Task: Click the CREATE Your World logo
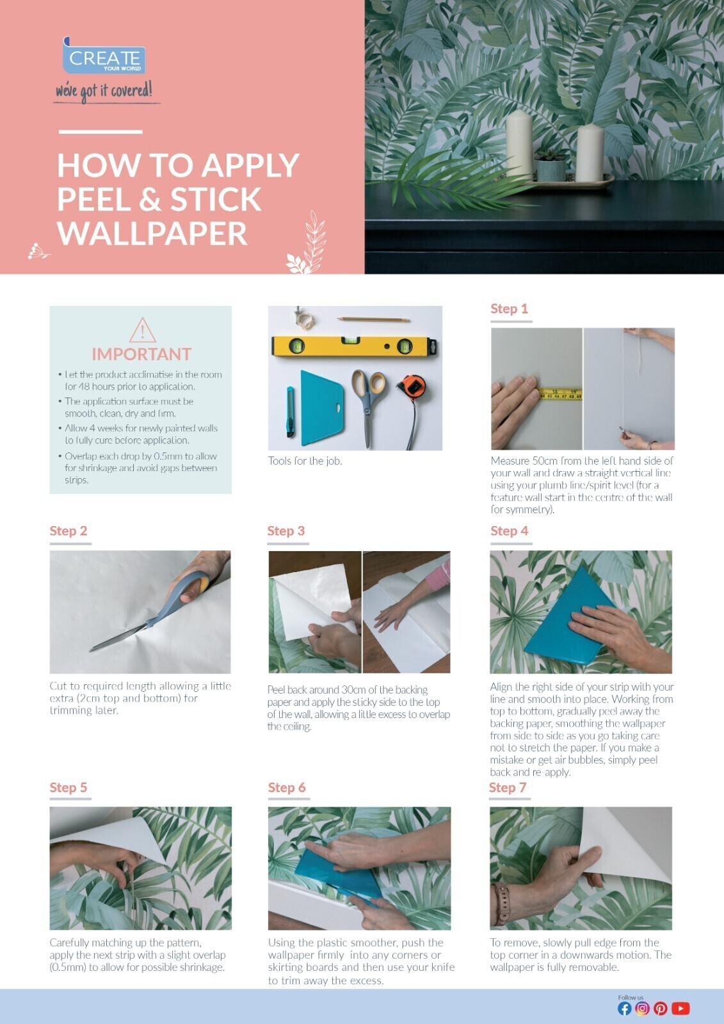(104, 58)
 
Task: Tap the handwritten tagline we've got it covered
(104, 91)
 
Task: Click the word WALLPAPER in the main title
(152, 233)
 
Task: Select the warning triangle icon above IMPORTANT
(141, 330)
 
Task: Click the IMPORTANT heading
(141, 354)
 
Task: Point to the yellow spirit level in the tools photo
(355, 346)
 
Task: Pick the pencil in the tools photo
(373, 318)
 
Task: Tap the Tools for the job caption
(305, 461)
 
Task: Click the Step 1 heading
(509, 308)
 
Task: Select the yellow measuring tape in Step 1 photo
(559, 394)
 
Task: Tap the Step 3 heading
(286, 531)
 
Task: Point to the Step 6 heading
(286, 787)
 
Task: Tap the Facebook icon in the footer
(624, 1009)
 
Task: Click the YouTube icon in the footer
(680, 1009)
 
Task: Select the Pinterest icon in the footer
(661, 1009)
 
